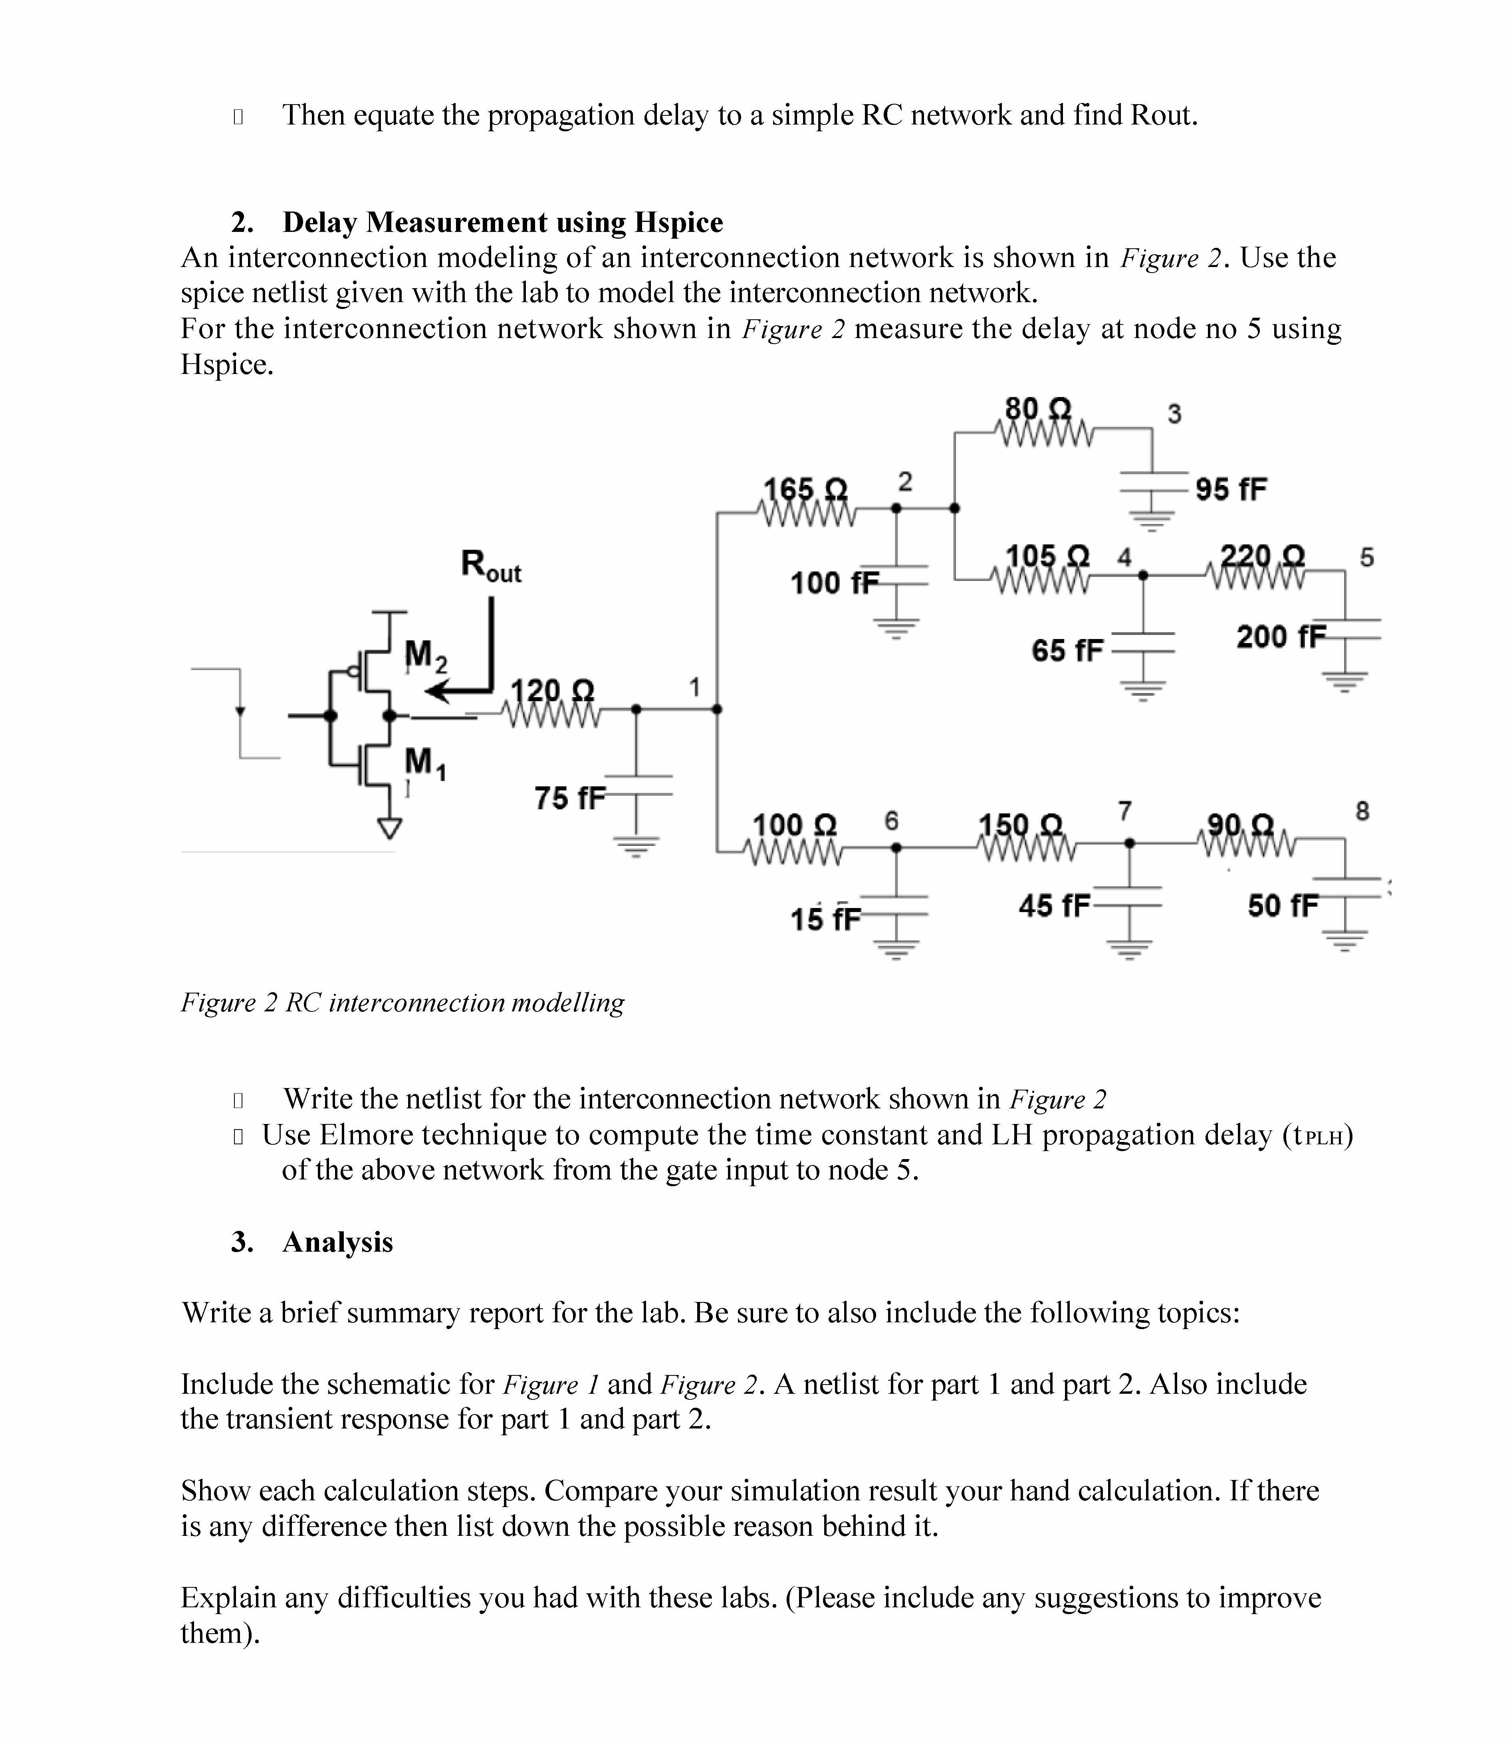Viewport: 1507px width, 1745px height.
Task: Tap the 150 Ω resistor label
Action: (1020, 824)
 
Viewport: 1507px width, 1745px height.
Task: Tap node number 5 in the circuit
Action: (1366, 557)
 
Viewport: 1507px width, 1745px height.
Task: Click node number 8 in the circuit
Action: (1362, 811)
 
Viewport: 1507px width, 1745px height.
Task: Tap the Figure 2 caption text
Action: (403, 1002)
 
